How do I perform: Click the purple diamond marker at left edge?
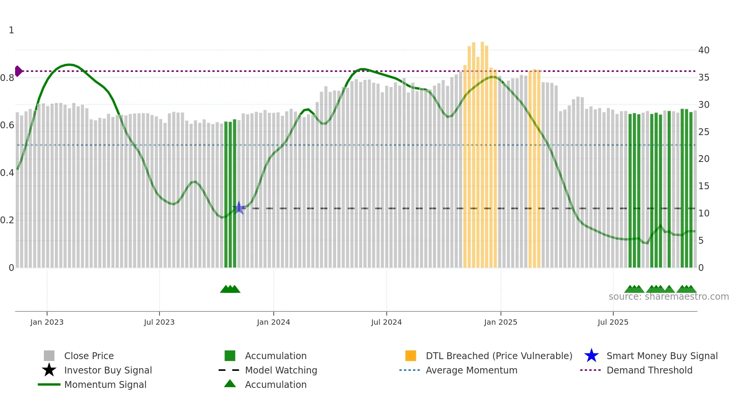18,71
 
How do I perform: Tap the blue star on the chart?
239,208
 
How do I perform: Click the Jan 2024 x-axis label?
273,322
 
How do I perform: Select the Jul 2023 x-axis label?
159,322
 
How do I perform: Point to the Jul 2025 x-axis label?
613,322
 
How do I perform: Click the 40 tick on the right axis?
704,50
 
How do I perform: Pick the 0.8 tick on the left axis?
8,78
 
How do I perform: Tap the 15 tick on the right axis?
704,186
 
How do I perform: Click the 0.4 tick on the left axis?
8,173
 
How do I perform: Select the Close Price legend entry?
89,356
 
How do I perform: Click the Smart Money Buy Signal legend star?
591,356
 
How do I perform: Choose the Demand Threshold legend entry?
649,370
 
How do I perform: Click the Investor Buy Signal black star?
49,370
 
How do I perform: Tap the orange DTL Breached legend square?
411,356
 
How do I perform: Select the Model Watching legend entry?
281,370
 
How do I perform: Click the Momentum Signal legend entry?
105,384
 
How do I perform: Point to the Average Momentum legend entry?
471,370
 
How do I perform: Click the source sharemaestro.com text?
668,297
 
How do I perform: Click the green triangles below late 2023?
230,289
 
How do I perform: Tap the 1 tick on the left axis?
11,30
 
